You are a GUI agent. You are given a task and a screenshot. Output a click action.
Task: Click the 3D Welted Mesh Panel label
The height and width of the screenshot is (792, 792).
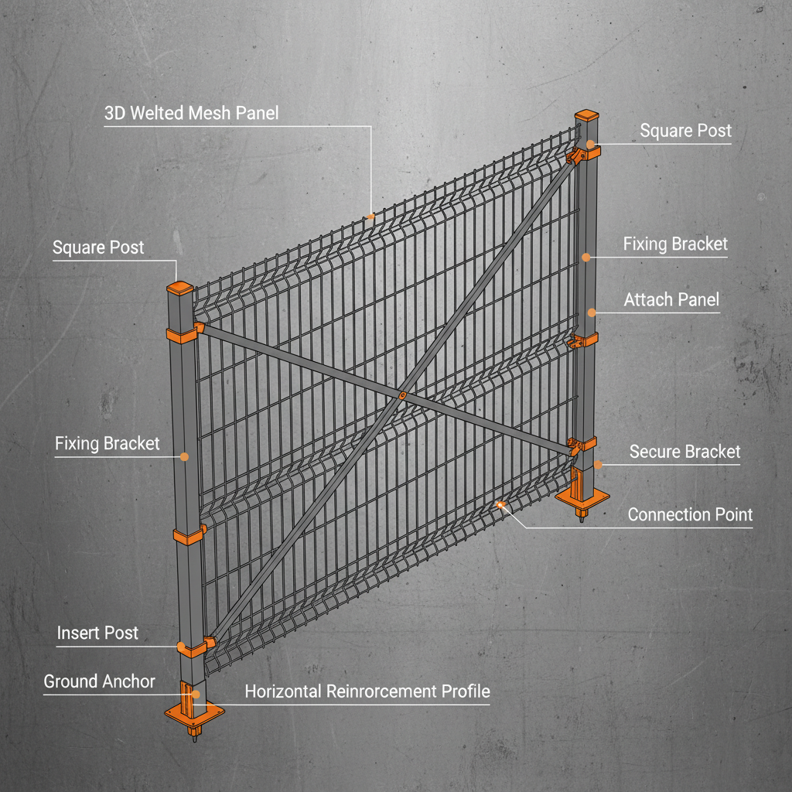[x=191, y=113]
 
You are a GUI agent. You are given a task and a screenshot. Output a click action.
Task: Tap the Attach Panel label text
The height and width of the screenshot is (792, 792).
[x=671, y=299]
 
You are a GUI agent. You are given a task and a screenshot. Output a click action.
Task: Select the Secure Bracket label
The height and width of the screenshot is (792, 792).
[x=684, y=452]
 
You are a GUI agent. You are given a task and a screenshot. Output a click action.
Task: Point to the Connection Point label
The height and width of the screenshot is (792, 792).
[x=690, y=514]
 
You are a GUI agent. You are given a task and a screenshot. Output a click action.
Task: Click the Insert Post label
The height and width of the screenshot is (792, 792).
[x=97, y=633]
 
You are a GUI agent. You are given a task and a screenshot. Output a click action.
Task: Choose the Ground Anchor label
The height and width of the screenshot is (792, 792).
[x=99, y=681]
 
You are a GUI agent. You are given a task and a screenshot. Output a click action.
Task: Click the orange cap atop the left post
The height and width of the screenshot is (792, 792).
[x=181, y=288]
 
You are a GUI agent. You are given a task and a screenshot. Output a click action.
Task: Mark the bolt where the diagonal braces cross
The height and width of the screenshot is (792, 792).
[x=402, y=394]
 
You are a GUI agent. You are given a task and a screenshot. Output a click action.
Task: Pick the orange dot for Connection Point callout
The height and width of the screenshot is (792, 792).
[x=500, y=504]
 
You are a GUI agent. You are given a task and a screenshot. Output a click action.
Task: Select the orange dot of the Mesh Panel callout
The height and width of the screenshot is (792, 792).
[x=371, y=217]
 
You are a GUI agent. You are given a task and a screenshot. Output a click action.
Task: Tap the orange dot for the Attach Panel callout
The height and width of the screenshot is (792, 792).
[x=592, y=312]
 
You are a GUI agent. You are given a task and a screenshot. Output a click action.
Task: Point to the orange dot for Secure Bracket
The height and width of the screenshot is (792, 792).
[x=598, y=465]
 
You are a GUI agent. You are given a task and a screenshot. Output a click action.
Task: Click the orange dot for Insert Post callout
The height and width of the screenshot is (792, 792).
[x=182, y=646]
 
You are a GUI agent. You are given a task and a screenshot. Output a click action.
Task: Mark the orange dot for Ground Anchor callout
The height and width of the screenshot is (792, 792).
[x=196, y=695]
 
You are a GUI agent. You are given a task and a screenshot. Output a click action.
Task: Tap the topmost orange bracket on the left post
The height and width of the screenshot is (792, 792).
[x=183, y=335]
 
